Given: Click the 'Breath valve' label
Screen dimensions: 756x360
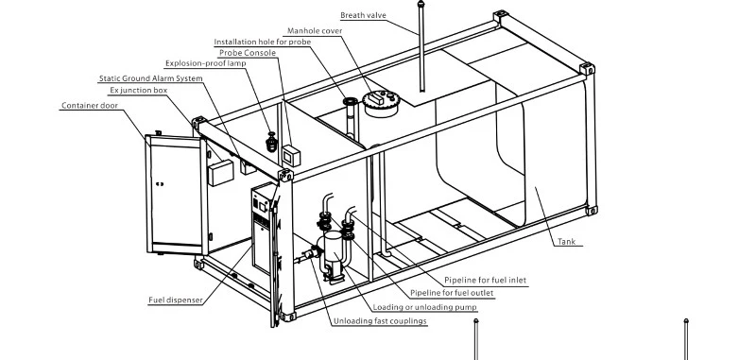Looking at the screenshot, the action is click(363, 15).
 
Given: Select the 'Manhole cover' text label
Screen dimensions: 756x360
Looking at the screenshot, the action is click(315, 31).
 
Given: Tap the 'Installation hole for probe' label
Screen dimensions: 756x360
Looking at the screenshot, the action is click(263, 42).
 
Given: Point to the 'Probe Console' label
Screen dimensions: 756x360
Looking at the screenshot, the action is click(248, 53).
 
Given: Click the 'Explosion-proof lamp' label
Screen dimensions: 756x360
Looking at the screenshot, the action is click(205, 63).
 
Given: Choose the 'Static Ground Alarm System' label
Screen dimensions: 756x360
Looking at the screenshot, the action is click(151, 78).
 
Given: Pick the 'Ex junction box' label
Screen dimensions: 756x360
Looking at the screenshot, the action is click(138, 90).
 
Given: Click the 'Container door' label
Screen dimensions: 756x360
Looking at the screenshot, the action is click(90, 106).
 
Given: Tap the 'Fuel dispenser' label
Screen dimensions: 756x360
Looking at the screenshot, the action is click(176, 300).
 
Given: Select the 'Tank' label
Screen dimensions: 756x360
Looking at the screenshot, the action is click(566, 242).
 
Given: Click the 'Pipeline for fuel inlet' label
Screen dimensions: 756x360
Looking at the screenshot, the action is click(485, 280).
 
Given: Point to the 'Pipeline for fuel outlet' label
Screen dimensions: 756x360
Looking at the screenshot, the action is click(452, 293).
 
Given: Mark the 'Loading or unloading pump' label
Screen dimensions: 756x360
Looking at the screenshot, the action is click(424, 307).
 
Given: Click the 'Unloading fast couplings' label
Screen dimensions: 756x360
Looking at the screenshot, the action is click(381, 321).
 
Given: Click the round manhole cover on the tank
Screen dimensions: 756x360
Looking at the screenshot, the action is click(382, 104).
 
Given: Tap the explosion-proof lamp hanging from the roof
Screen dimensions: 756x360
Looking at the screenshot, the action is click(272, 142).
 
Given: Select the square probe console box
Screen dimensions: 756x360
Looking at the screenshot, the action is click(291, 155).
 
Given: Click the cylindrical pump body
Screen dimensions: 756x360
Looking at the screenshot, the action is click(334, 249).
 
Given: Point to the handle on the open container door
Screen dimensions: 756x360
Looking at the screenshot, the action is click(160, 183).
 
